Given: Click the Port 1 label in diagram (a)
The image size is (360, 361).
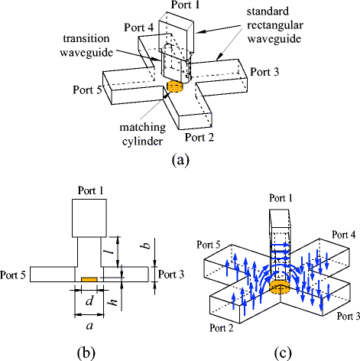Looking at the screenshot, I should click(185, 5).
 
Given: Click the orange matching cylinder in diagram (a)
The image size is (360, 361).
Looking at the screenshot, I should click(177, 87).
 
